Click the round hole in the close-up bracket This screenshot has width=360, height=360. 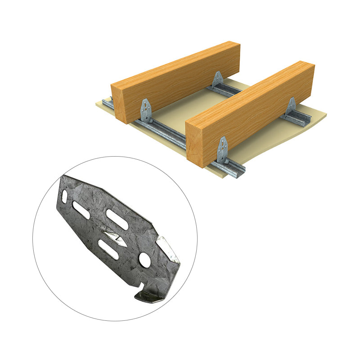145,259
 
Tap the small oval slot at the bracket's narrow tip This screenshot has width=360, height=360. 65,197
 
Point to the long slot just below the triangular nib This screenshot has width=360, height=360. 108,249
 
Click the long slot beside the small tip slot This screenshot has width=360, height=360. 81,210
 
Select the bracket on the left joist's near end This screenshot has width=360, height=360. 146,111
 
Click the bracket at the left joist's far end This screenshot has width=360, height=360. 218,79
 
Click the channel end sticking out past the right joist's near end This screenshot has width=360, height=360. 234,170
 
